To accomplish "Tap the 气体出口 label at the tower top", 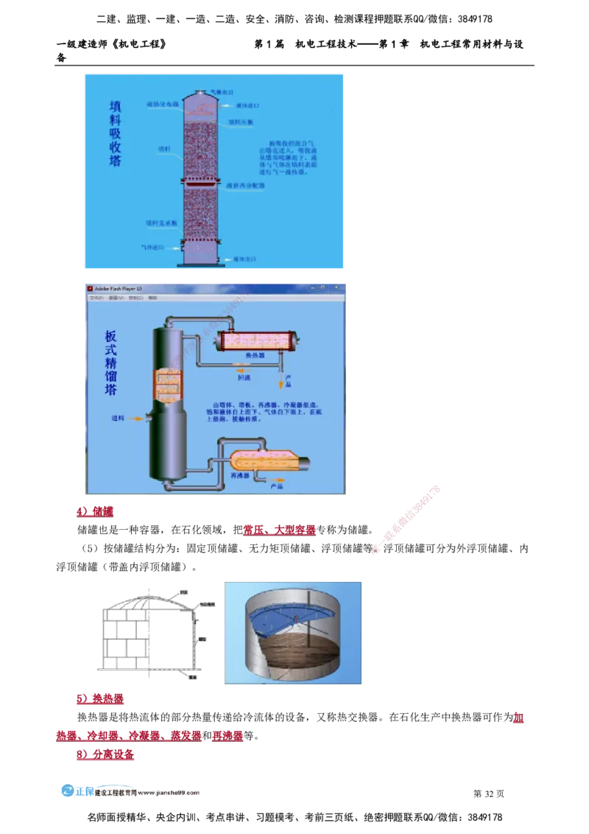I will point(222,92).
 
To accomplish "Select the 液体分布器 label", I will point(163,105).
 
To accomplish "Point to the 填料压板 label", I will point(241,122).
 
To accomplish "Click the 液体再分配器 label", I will point(245,185).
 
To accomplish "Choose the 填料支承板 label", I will point(161,222).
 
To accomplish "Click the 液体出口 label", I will point(244,259).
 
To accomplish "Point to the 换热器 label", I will point(255,355).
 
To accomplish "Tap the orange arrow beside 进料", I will point(138,418).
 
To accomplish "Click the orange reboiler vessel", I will point(265,461).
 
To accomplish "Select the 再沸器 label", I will point(241,477).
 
